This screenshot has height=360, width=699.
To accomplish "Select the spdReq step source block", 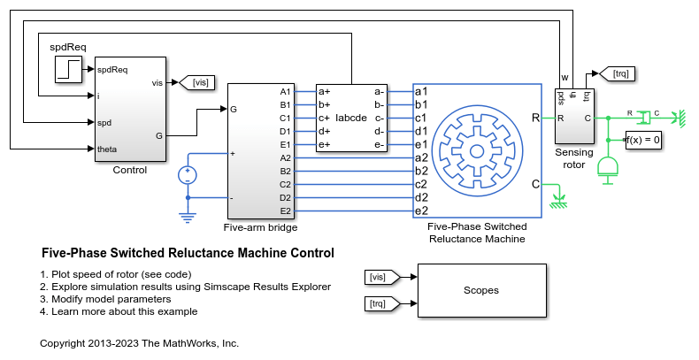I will [x=69, y=68].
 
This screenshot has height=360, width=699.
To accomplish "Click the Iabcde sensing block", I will [x=350, y=118].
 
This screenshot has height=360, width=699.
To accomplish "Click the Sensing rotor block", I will [x=574, y=115].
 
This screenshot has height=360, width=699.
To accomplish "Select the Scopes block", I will [x=480, y=290].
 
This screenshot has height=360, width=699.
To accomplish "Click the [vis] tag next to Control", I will [x=200, y=82].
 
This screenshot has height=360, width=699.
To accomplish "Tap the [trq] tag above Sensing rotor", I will [x=618, y=74].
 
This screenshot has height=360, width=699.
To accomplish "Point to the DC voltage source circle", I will [x=188, y=175].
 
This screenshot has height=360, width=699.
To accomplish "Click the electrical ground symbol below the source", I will [x=188, y=214].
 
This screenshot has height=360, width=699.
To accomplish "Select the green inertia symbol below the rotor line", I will [x=608, y=168].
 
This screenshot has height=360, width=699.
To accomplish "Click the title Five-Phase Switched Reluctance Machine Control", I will [x=188, y=253].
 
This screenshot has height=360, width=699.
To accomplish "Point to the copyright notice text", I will [x=140, y=342].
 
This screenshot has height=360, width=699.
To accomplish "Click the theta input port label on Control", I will [x=108, y=148].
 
